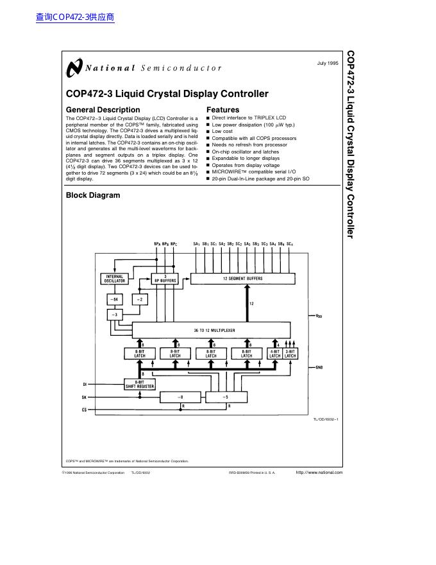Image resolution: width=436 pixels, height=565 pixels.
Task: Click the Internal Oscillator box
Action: click(x=115, y=279)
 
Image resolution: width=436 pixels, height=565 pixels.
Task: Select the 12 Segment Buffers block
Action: click(x=244, y=279)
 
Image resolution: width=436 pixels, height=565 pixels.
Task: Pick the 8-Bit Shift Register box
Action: click(x=140, y=384)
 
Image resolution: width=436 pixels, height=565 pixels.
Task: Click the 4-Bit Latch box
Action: click(x=275, y=354)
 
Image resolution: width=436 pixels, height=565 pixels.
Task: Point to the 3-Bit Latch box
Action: click(x=290, y=354)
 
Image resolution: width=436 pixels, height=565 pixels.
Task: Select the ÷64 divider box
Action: click(x=115, y=299)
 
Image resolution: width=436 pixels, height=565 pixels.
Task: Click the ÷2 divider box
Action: click(x=140, y=299)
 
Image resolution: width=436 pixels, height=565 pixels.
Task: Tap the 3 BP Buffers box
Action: click(x=165, y=279)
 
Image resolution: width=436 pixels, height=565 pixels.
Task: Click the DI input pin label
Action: click(x=84, y=384)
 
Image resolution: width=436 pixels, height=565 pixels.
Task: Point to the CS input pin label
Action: click(x=84, y=409)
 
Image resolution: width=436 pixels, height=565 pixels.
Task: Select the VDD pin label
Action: click(x=319, y=316)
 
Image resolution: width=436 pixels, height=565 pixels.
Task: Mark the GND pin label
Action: click(x=319, y=367)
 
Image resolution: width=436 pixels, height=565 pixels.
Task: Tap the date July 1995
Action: click(x=328, y=63)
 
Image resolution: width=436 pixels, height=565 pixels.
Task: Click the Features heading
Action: click(x=222, y=110)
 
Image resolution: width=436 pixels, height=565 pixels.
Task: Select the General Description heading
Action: click(x=103, y=110)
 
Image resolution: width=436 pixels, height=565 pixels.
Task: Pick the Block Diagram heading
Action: click(x=93, y=195)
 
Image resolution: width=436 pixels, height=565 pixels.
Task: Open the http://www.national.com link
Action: click(x=319, y=473)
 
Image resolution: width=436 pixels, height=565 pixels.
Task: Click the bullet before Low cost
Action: click(x=208, y=132)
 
